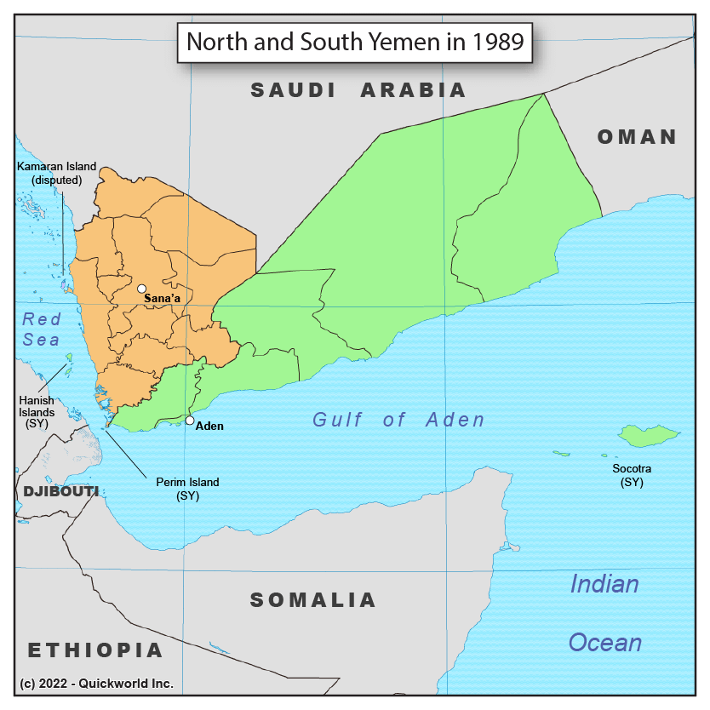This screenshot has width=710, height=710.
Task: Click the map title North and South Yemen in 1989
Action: click(x=354, y=41)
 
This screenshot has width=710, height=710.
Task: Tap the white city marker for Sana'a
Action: click(x=142, y=289)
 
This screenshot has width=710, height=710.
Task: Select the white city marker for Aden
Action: click(x=190, y=420)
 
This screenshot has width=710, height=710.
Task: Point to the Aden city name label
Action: click(x=209, y=426)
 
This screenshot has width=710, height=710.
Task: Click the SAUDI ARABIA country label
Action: click(x=358, y=90)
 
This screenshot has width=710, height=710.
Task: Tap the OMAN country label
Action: click(x=637, y=137)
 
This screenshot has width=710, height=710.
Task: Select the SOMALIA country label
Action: click(x=312, y=600)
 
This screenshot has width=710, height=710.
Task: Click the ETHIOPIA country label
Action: click(x=95, y=651)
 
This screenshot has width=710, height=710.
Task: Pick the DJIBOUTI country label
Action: click(x=60, y=492)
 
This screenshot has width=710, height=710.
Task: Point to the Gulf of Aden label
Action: click(x=398, y=420)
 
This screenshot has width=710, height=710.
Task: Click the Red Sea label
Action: click(x=41, y=329)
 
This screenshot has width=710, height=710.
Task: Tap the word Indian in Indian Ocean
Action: click(x=604, y=584)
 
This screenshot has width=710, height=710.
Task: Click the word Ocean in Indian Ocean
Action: click(x=604, y=642)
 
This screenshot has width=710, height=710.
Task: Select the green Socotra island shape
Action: click(x=648, y=436)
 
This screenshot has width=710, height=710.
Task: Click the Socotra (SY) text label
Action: click(x=632, y=475)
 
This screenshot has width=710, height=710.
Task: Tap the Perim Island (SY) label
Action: click(x=187, y=489)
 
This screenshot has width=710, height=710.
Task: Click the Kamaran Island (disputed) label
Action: click(x=57, y=173)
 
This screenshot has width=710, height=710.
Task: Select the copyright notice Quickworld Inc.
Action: click(x=96, y=684)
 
